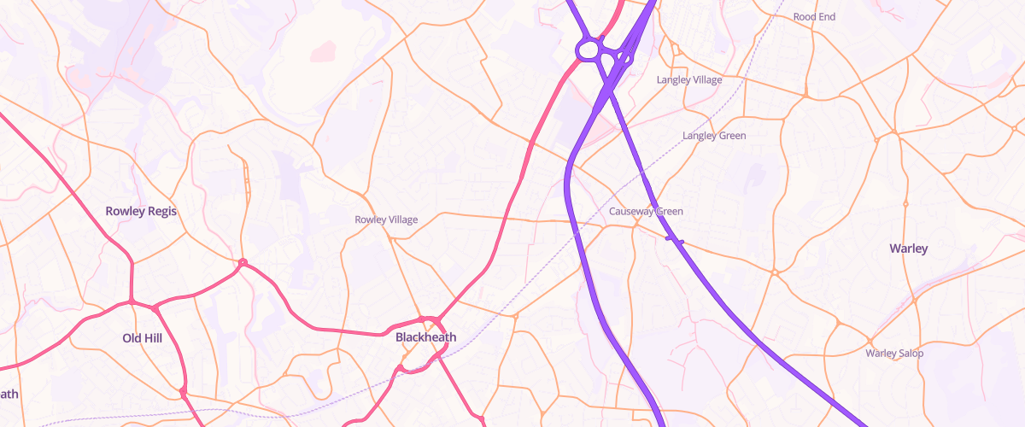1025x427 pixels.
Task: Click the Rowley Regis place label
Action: click(x=141, y=211)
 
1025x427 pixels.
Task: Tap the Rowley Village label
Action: click(x=386, y=219)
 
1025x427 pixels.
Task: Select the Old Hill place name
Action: click(x=143, y=338)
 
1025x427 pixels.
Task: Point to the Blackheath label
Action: click(x=425, y=337)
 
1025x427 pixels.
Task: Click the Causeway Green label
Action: click(x=646, y=211)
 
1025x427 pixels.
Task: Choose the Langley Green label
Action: click(x=714, y=136)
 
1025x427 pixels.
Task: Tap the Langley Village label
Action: click(x=688, y=79)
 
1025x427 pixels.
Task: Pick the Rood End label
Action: click(x=813, y=16)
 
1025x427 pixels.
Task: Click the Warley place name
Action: click(x=908, y=249)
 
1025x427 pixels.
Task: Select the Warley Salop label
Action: click(x=894, y=353)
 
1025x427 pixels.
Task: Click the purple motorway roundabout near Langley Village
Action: click(x=587, y=50)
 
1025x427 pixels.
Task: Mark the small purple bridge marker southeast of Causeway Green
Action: click(x=675, y=241)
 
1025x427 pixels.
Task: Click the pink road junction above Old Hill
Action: click(x=132, y=301)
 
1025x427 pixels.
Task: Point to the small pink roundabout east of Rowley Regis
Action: click(x=243, y=262)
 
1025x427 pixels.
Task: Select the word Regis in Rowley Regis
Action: click(x=161, y=211)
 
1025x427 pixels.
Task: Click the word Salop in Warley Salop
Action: click(x=910, y=353)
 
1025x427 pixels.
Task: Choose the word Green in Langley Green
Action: click(x=731, y=136)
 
